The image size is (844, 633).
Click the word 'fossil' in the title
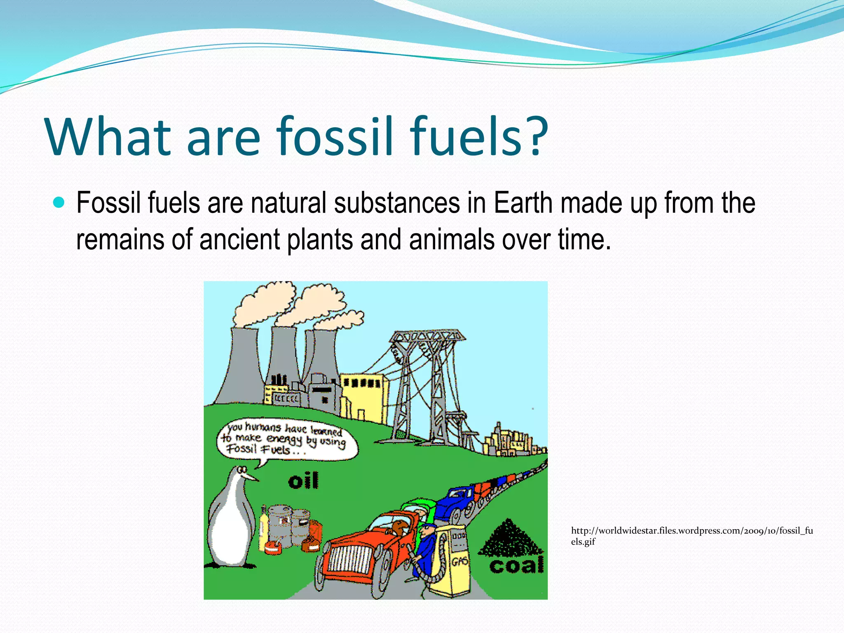click(334, 136)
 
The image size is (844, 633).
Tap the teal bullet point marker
click(59, 202)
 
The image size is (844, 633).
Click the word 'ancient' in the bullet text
click(240, 239)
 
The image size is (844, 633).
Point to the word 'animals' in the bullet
click(452, 239)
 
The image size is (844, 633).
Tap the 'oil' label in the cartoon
click(303, 481)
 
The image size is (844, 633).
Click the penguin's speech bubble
click(287, 439)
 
